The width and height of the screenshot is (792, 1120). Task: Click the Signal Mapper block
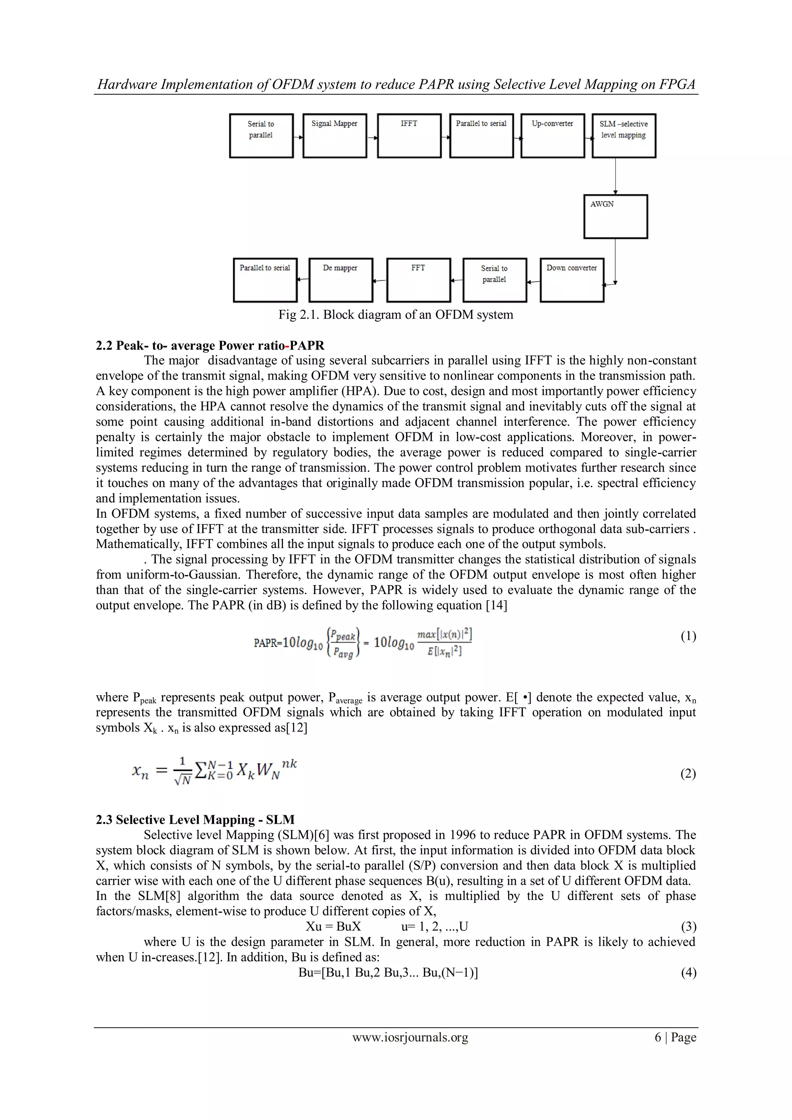coord(335,136)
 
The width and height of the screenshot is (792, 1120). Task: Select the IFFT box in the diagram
coord(409,136)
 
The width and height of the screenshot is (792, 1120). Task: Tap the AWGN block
coord(615,217)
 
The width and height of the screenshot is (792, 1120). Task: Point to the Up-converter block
coord(553,136)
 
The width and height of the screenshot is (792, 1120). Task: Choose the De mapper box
coord(340,280)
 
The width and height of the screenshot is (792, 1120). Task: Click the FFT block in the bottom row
coord(418,280)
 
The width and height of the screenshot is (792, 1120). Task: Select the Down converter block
coord(572,280)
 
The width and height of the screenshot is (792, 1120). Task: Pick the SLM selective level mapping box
coord(624,136)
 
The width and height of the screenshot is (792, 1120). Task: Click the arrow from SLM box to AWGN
coord(615,176)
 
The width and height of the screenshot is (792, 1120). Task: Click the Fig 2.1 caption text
coord(396,315)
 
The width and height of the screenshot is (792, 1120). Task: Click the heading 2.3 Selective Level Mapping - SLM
coord(195,820)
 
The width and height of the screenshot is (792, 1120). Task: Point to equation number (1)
coord(688,636)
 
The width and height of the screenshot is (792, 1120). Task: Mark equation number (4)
coord(688,973)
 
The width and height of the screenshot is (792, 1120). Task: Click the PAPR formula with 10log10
coord(362,643)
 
